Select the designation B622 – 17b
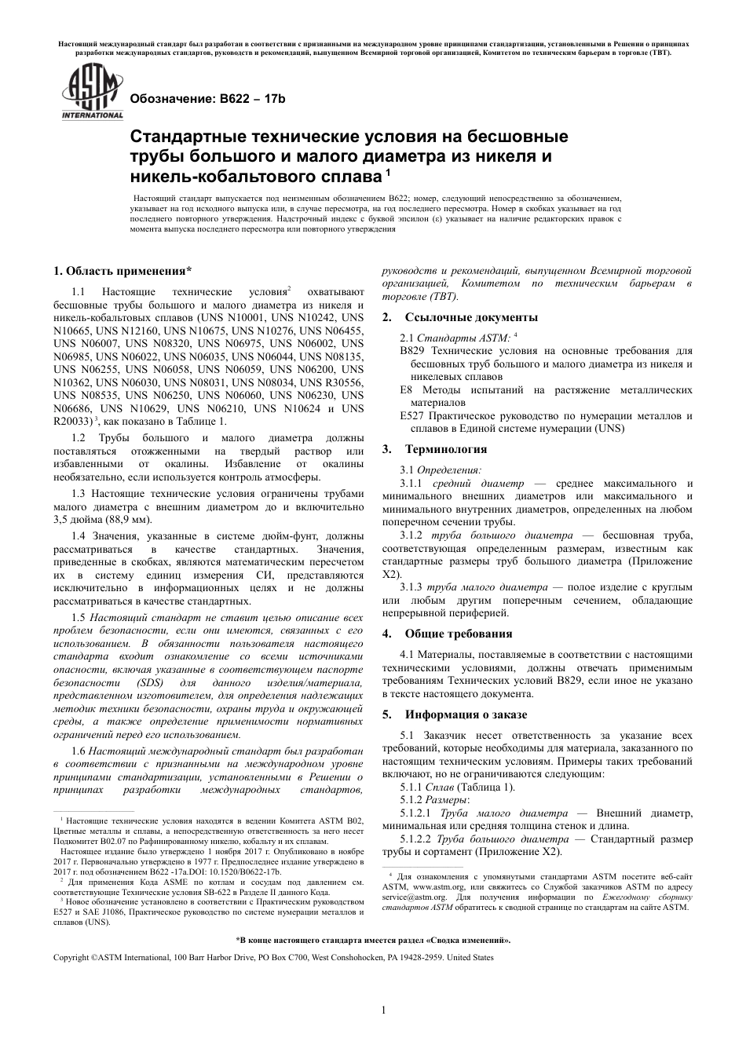[206, 100]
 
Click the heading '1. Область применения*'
[122, 272]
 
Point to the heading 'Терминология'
[445, 449]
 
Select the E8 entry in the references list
[406, 389]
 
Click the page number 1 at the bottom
[382, 1010]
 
